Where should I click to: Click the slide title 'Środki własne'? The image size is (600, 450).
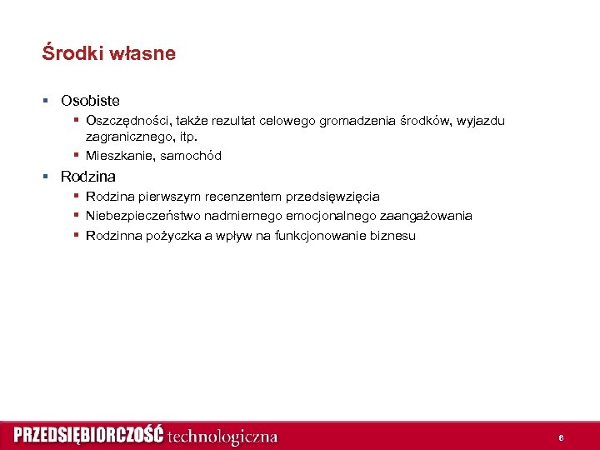point(108,54)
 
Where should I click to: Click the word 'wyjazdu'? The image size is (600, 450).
point(481,122)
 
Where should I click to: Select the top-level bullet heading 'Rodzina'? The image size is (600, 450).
point(87,177)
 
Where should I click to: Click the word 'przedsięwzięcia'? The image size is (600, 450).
point(332,197)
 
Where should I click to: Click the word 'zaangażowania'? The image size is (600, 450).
point(426,216)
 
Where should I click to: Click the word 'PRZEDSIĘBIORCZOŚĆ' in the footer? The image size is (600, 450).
point(88,435)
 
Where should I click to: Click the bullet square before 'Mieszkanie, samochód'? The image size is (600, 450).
point(76,156)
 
